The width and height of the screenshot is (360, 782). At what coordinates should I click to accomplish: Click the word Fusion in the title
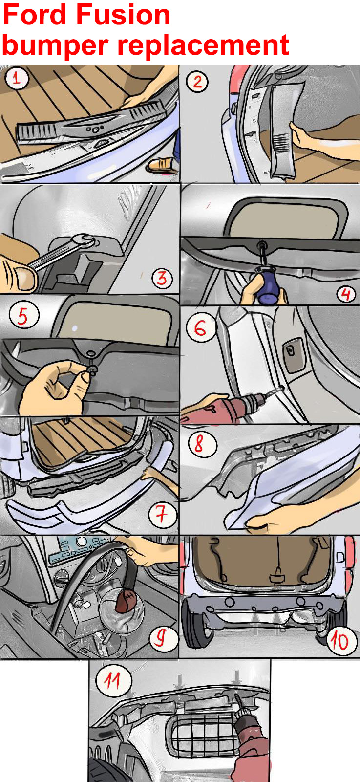[123, 15]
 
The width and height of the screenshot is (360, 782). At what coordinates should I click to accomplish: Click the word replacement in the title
[203, 45]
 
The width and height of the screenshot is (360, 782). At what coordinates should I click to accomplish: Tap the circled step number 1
[17, 78]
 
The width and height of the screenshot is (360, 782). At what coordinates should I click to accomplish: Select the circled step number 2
[197, 82]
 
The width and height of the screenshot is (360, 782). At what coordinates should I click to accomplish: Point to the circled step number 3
[162, 278]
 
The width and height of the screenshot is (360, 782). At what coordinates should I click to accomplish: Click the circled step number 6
[201, 328]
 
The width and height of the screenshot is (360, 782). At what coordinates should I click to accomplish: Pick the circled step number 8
[202, 443]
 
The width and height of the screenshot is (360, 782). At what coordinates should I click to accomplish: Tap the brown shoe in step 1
[161, 164]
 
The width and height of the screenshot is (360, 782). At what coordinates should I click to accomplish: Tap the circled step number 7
[162, 515]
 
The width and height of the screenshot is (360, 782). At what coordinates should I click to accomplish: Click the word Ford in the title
[35, 15]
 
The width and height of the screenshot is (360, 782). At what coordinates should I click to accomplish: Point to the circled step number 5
[24, 315]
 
